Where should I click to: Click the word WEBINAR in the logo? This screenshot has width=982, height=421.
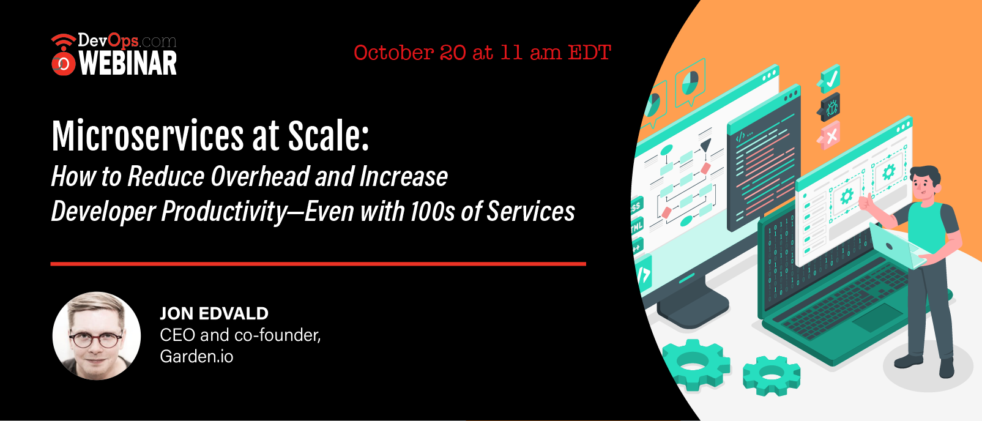point(128,63)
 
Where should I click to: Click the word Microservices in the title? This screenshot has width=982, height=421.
point(147,135)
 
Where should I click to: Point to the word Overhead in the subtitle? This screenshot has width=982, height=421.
point(260,176)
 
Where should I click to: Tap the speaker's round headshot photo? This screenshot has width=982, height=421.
point(97,335)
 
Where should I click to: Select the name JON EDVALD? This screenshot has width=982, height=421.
point(214,313)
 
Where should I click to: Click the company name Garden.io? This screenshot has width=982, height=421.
point(196,356)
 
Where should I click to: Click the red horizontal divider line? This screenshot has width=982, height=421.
point(318,264)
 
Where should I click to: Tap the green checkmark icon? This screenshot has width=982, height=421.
point(829,80)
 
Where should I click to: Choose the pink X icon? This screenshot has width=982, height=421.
point(829,135)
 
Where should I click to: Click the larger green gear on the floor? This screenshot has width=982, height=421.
point(696,364)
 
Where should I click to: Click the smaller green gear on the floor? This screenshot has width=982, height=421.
point(771,375)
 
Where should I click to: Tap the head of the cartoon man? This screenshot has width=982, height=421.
point(925,182)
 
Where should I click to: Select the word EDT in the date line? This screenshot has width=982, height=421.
point(590,53)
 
